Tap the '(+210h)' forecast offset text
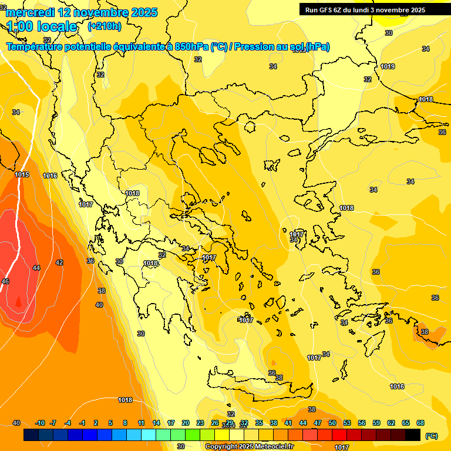[x=105, y=26]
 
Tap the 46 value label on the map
[x=5, y=281]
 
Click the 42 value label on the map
[x=59, y=262]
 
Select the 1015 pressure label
[x=22, y=174]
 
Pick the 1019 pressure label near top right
[x=388, y=66]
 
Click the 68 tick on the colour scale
[x=420, y=423]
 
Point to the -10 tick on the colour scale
[x=40, y=423]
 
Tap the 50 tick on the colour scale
[x=332, y=423]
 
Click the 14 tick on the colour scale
[x=156, y=423]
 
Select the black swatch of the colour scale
[x=413, y=435]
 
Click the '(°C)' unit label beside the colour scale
[x=432, y=436]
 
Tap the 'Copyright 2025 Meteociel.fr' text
[x=249, y=446]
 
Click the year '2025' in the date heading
[x=144, y=12]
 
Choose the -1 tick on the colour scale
[x=82, y=423]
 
